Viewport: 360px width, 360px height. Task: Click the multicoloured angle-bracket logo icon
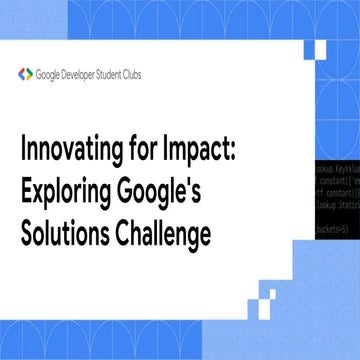[26, 72]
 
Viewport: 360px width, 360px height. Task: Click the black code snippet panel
[335, 185]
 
